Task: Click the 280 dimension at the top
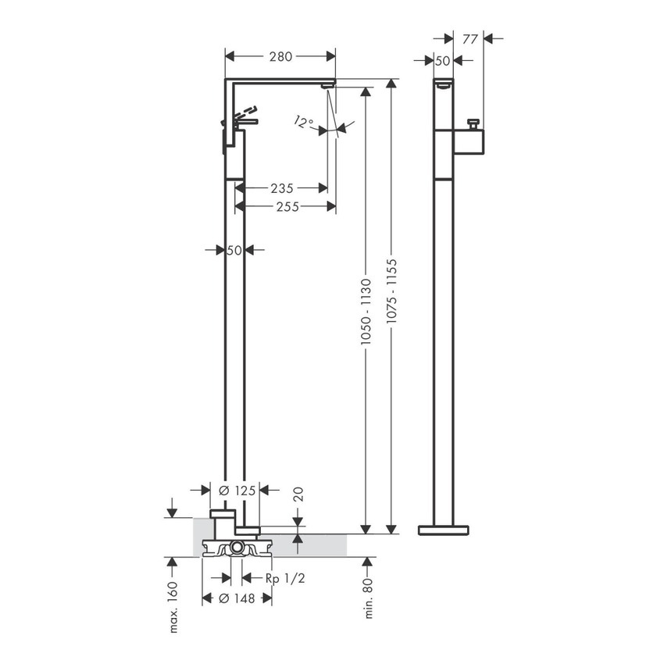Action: coord(280,56)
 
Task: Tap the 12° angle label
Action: coord(304,122)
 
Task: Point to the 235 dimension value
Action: coord(281,188)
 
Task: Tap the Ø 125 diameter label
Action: coord(234,490)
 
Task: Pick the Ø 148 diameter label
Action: coord(237,598)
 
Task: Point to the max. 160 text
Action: coord(173,608)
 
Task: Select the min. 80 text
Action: coord(367,598)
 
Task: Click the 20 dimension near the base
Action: coord(297,494)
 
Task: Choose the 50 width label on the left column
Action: coord(234,250)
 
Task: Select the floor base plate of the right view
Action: coord(444,530)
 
